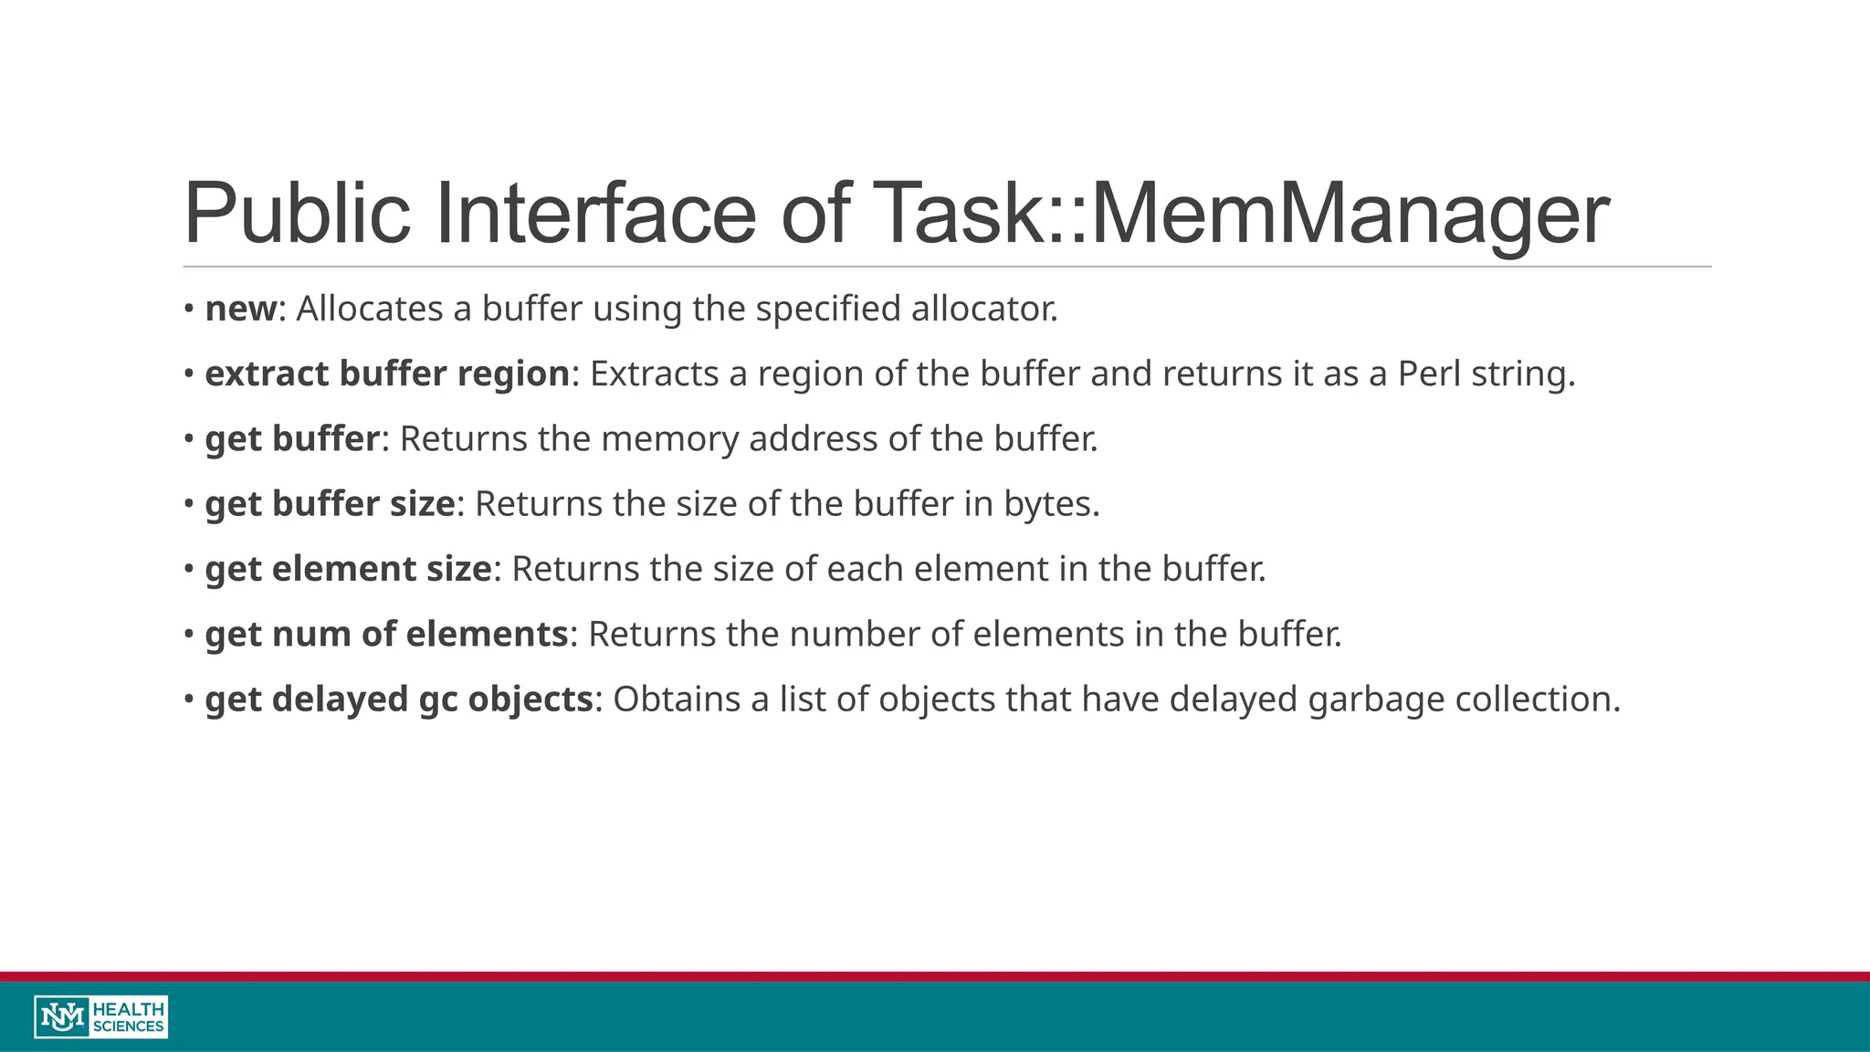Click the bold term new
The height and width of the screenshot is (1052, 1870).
click(240, 309)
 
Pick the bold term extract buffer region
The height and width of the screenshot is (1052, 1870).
click(387, 373)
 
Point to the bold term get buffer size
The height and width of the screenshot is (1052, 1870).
click(330, 504)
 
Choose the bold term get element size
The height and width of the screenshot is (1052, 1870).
click(348, 569)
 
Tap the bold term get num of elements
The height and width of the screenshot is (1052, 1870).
click(386, 634)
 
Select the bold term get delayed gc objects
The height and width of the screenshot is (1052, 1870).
click(399, 700)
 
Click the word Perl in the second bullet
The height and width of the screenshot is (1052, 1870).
click(1429, 373)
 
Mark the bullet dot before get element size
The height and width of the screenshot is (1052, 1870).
click(188, 569)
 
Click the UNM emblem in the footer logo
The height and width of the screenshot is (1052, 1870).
click(63, 1016)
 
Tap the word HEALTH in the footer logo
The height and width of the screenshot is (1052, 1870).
click(129, 1008)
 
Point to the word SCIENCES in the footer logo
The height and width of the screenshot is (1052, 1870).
click(129, 1026)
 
